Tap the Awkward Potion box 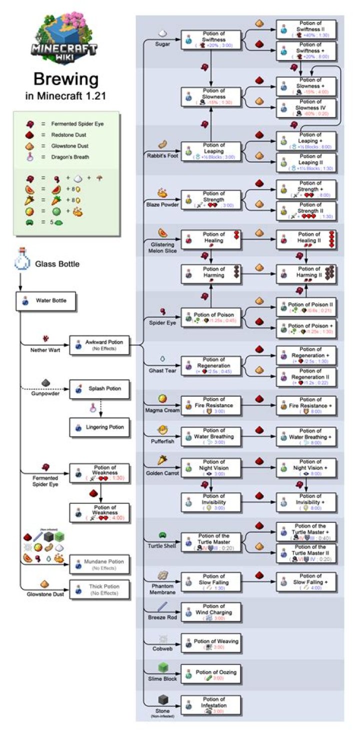[x=99, y=344]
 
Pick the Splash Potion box [x=99, y=388]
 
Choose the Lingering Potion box [x=99, y=427]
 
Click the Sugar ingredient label [x=162, y=44]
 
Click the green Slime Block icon [x=163, y=668]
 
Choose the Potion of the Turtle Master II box [x=305, y=553]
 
